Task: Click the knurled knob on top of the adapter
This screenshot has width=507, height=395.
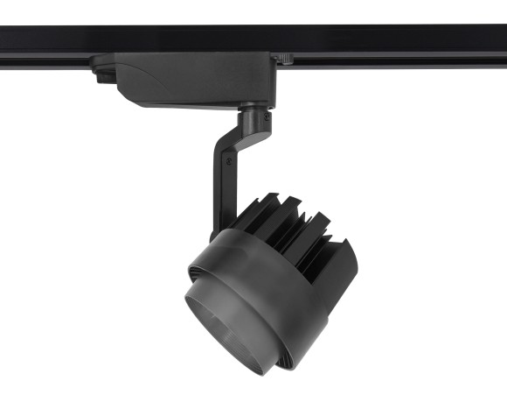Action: pos(286,58)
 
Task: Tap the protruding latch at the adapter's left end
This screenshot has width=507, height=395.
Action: pos(101,74)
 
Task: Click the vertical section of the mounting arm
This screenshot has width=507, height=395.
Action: pos(219,193)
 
